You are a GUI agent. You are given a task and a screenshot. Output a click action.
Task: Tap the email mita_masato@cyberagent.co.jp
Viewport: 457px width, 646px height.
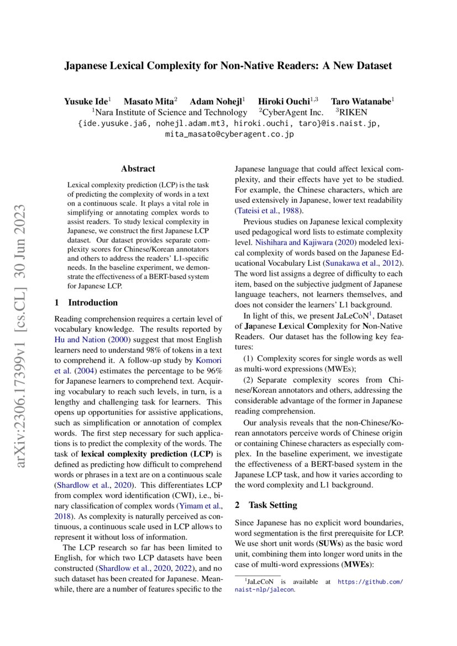[229, 134]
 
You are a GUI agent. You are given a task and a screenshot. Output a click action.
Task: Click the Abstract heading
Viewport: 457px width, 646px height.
[138, 169]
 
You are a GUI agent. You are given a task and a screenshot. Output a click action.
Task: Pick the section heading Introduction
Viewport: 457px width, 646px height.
[92, 302]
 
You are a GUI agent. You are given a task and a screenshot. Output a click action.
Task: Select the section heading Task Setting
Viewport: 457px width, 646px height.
[272, 505]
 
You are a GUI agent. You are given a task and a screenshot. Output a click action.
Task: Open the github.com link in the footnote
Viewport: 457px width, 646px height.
[370, 582]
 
